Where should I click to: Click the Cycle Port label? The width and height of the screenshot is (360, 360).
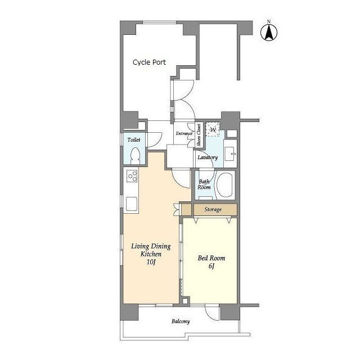click(149, 62)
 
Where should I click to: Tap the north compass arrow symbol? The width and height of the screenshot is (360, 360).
click(269, 33)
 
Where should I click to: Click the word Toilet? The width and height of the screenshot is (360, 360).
click(134, 139)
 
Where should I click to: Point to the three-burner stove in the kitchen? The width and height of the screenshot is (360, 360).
click(132, 176)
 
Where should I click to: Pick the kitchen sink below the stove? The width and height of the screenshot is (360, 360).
click(132, 204)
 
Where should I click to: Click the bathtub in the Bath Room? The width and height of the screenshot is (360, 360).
click(225, 185)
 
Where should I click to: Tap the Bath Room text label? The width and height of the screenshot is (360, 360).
click(204, 184)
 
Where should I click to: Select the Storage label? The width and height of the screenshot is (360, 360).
click(213, 209)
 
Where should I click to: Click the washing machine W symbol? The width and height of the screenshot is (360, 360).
click(213, 129)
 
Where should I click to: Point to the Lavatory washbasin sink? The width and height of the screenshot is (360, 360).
click(230, 154)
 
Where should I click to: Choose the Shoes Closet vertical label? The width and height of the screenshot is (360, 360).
click(199, 135)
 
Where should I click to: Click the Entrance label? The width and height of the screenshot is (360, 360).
click(184, 133)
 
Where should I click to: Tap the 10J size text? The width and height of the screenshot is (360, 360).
click(151, 262)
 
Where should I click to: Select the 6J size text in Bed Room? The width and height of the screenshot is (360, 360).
click(211, 266)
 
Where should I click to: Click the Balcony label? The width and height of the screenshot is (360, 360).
click(181, 321)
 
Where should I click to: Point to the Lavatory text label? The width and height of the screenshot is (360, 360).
click(208, 157)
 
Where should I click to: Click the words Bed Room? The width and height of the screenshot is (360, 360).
click(211, 258)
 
